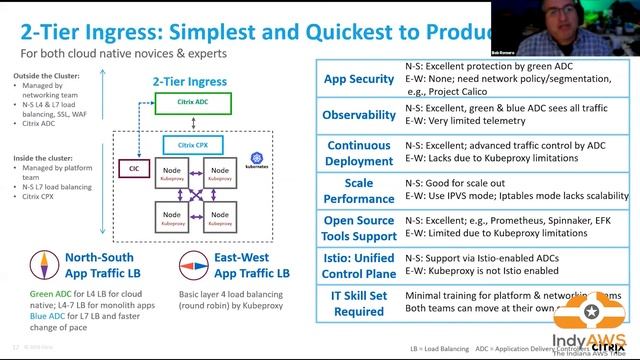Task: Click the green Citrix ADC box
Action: pos(193,102)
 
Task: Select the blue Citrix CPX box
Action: pos(193,145)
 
